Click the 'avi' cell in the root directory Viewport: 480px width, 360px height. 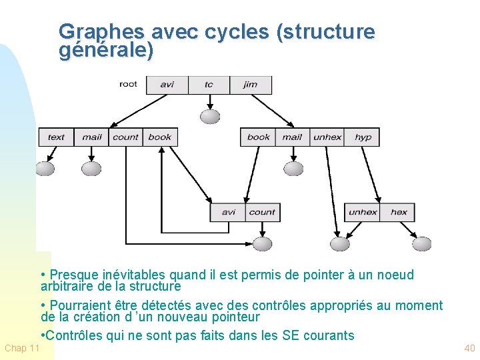[x=167, y=85]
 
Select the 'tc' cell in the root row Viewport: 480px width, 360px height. [x=209, y=85]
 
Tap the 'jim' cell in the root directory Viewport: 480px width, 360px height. [x=251, y=85]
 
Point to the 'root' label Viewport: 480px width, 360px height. [x=128, y=84]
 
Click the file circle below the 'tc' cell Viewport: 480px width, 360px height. [x=210, y=117]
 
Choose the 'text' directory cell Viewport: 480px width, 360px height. [x=56, y=137]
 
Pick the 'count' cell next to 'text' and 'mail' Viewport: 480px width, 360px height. [x=125, y=137]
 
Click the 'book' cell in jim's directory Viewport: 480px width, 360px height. [x=258, y=137]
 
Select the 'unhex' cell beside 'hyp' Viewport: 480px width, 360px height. [x=327, y=137]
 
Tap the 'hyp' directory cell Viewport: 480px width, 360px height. [x=363, y=137]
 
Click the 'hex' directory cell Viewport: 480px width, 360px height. [x=399, y=212]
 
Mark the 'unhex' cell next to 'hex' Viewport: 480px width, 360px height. [x=363, y=212]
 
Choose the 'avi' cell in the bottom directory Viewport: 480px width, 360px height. [x=228, y=212]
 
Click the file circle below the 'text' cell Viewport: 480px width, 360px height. [x=45, y=169]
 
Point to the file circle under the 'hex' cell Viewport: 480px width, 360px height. [x=421, y=243]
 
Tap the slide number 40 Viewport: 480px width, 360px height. [x=469, y=348]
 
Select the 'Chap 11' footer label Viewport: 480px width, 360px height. [x=22, y=348]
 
